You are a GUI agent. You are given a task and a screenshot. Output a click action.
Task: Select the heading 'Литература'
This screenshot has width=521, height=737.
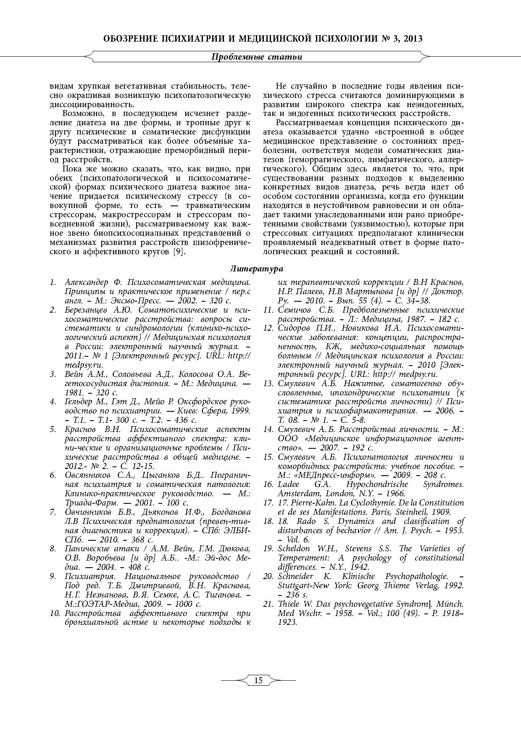[x=257, y=268]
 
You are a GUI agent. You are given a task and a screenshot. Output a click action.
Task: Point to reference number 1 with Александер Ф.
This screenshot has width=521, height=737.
[x=53, y=282]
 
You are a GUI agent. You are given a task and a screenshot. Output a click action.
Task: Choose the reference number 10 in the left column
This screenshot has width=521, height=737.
[x=54, y=613]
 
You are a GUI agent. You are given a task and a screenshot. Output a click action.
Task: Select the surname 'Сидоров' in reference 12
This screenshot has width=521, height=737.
[x=293, y=328]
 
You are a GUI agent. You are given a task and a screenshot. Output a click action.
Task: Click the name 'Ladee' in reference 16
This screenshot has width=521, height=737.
[x=288, y=484]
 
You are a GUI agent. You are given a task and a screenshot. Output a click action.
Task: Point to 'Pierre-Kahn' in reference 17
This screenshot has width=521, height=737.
[x=313, y=503]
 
